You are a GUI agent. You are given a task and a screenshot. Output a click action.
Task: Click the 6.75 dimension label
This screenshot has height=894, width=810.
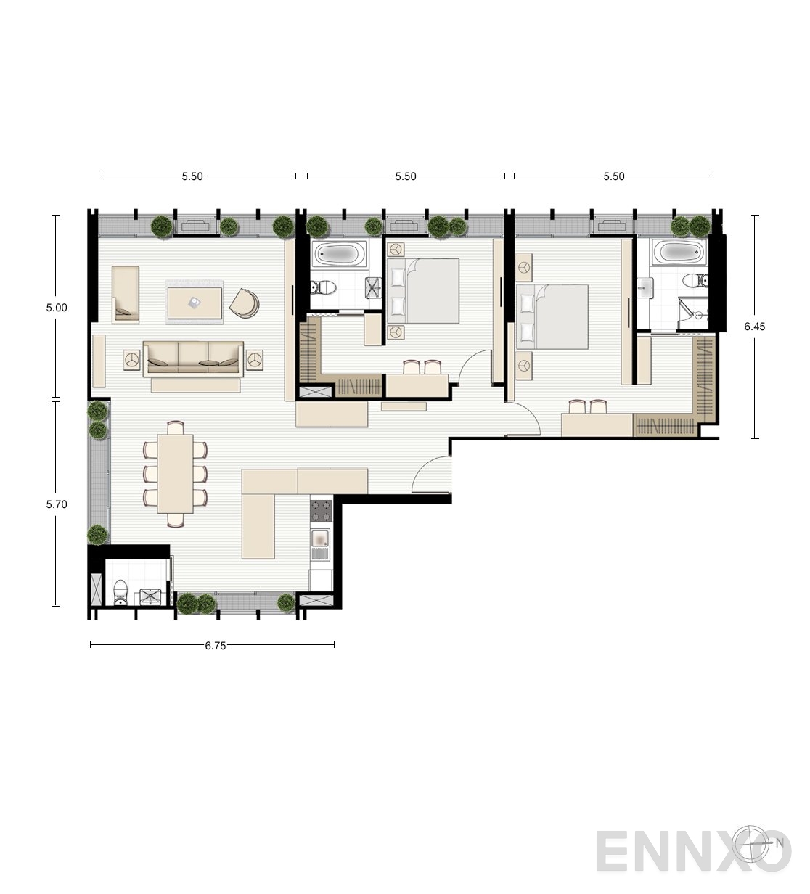coord(216,646)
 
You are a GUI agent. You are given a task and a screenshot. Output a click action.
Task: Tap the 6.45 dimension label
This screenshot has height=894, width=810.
coord(754,327)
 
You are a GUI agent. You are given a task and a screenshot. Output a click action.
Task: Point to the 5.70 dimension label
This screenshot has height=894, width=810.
coord(57,504)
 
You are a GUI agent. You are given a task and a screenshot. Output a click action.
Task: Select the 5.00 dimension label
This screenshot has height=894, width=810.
coord(57,308)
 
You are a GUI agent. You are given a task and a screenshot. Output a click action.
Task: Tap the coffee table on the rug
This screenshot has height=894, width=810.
coord(195,303)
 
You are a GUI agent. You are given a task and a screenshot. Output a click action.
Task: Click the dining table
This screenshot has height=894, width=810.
coord(175,474)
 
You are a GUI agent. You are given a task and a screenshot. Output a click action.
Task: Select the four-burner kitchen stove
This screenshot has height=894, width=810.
coord(321,511)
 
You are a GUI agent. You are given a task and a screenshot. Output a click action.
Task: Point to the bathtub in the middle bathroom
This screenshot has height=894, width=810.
coord(340,254)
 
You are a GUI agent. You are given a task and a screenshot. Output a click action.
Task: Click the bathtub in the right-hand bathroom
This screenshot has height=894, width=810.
coord(679,253)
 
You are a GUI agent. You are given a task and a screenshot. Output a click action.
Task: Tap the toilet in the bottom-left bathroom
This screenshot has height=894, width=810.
coord(120,592)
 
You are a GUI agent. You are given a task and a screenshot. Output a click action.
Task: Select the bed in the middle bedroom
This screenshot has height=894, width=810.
coord(422,290)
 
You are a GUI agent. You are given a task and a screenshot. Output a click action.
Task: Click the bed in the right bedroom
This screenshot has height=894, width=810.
coord(552,317)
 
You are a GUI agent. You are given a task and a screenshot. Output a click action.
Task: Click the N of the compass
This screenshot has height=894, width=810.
coord(780,842)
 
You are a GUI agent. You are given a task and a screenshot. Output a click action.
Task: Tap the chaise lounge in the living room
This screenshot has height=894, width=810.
coord(126,295)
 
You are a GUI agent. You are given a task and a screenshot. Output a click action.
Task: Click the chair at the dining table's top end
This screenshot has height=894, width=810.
coord(176,427)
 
